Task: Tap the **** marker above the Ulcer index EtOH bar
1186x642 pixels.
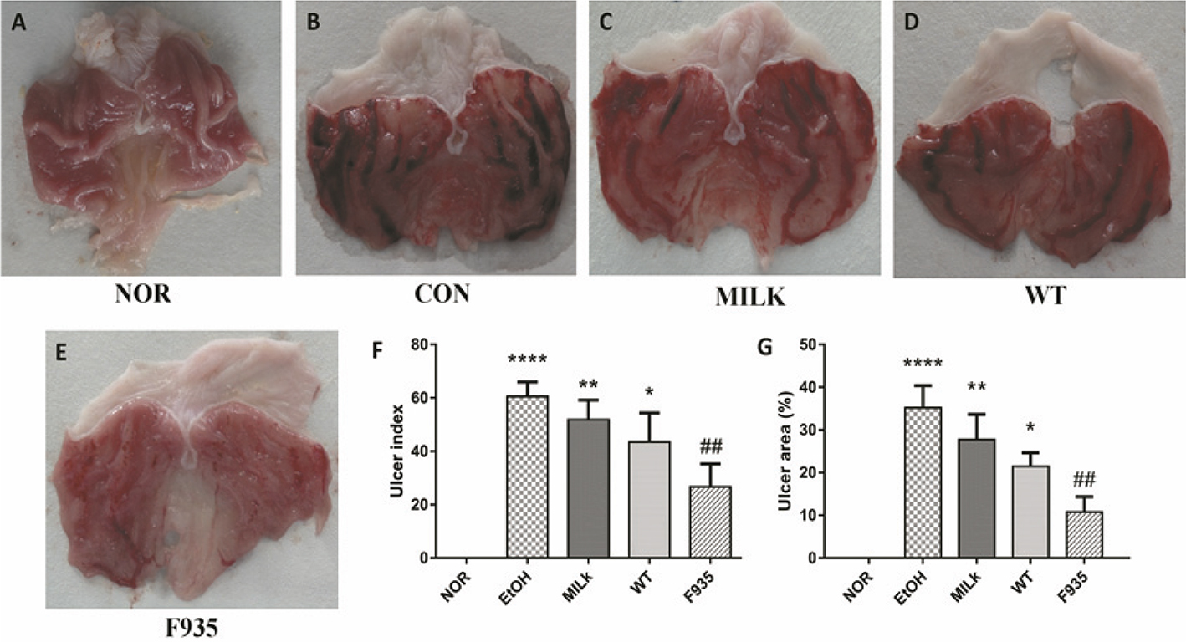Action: (x=527, y=360)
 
